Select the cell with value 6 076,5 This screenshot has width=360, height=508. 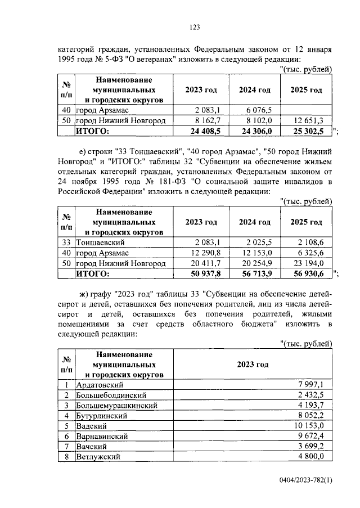point(258,110)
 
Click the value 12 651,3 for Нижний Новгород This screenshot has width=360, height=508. point(309,120)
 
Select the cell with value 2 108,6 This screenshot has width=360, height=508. point(309,242)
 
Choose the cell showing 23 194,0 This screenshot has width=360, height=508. point(309,263)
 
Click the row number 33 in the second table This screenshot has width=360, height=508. point(66,242)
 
